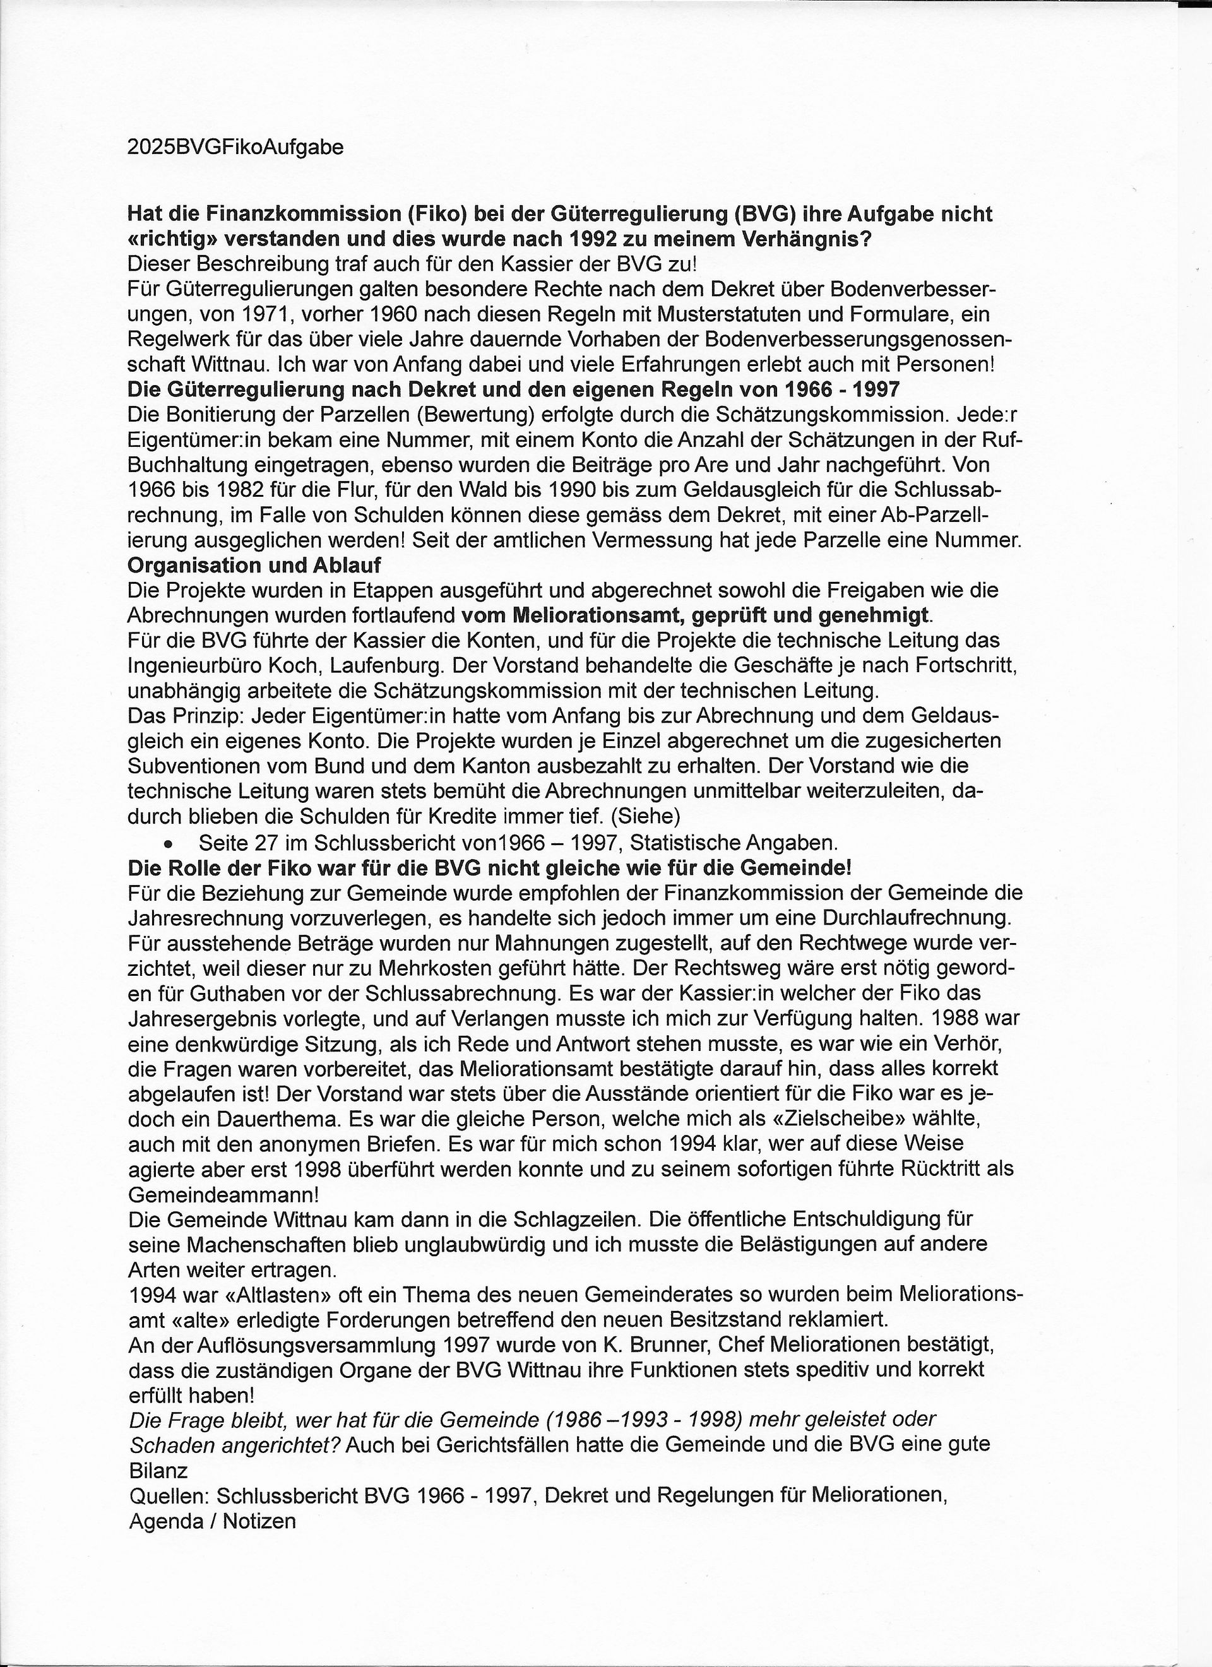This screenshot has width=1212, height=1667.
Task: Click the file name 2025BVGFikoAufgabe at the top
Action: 235,148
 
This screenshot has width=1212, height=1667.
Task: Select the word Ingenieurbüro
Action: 201,666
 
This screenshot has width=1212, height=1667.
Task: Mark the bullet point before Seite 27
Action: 170,843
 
